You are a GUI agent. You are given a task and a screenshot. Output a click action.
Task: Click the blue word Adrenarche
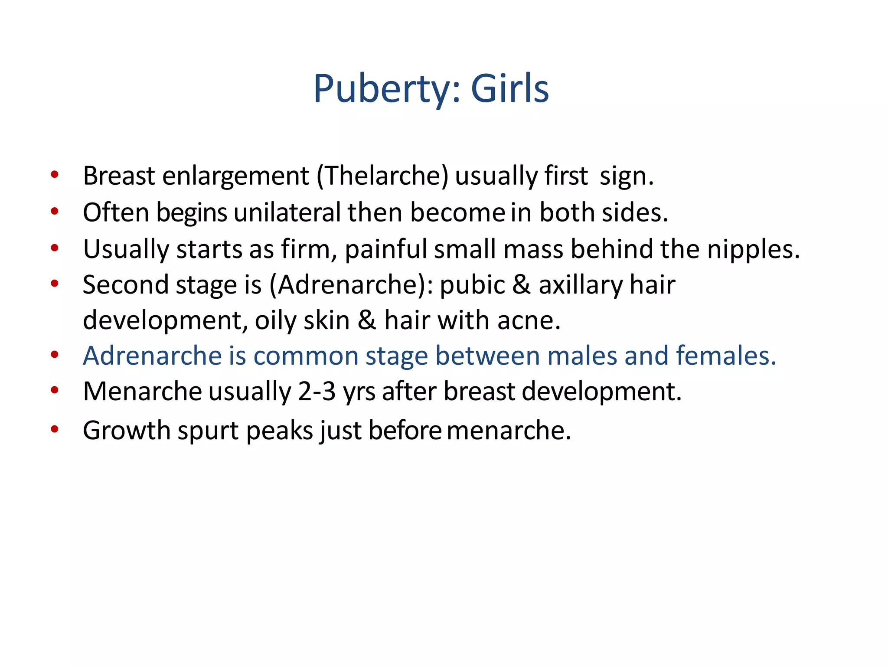pyautogui.click(x=152, y=356)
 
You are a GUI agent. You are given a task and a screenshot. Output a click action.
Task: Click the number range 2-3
pyautogui.click(x=317, y=392)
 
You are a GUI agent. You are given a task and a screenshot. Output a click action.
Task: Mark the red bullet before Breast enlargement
pyautogui.click(x=55, y=175)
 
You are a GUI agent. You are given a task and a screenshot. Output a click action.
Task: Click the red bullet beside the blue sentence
pyautogui.click(x=55, y=355)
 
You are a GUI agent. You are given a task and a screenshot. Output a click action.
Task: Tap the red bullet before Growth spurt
pyautogui.click(x=55, y=429)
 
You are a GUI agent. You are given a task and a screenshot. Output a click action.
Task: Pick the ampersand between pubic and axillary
pyautogui.click(x=521, y=285)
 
